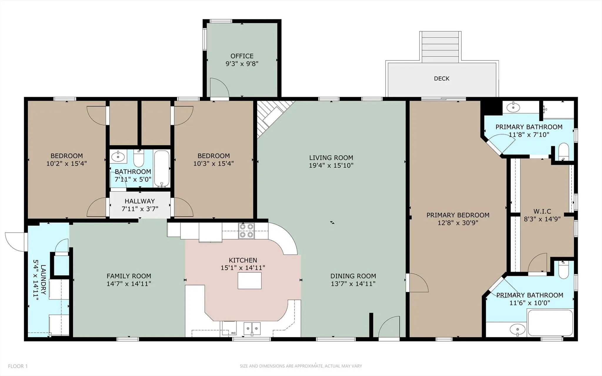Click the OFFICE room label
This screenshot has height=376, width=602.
click(242, 56)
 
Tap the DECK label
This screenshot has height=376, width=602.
click(441, 79)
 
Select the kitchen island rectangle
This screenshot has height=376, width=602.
click(249, 280)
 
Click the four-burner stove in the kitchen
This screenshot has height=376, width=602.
click(246, 231)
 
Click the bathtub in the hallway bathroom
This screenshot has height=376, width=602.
click(162, 169)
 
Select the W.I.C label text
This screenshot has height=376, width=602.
click(542, 211)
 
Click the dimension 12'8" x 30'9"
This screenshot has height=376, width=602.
click(458, 223)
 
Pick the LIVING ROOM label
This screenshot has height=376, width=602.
click(331, 158)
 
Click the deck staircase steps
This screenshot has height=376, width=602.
click(440, 47)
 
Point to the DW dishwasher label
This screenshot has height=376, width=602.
click(233, 333)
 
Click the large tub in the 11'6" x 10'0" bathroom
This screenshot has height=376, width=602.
click(550, 323)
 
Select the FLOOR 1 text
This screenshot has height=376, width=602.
click(18, 366)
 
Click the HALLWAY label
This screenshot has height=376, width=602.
click(139, 201)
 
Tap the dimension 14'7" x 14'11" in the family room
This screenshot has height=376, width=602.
click(129, 284)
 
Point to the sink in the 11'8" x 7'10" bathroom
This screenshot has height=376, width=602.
click(513, 107)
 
